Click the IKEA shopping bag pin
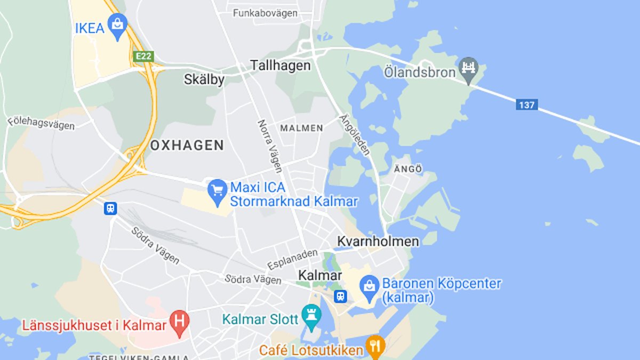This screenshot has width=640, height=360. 117,26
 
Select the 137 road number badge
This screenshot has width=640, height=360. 526,105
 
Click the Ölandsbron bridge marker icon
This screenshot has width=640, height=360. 469,69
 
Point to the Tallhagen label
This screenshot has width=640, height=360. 281,66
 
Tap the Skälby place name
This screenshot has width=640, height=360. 204,79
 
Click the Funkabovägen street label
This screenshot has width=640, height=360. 265,13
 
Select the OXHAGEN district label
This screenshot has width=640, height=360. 187,145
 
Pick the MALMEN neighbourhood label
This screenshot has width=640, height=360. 301,128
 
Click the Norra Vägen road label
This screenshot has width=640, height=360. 270,146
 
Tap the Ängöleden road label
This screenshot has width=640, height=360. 355,134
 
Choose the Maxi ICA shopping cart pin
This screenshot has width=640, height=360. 217,191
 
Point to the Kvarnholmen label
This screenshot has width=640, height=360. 378,241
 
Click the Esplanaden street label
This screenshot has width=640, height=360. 292,259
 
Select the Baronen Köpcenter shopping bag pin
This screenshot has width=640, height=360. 369,286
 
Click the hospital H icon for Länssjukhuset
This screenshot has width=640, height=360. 179,323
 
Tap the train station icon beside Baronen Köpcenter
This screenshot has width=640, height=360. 341,297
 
